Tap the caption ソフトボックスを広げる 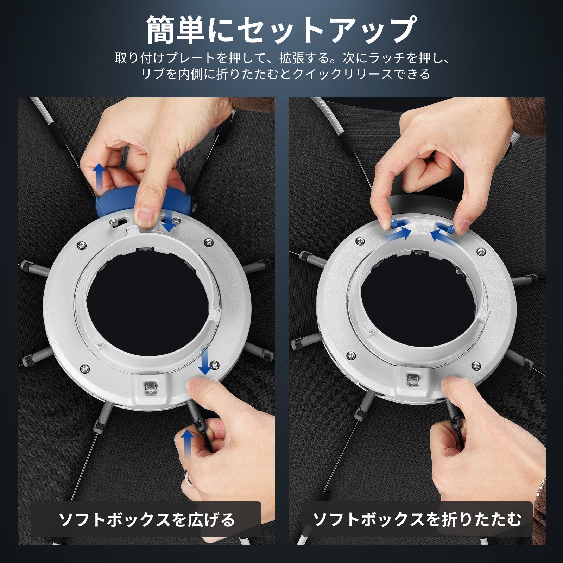[x=146, y=520]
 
